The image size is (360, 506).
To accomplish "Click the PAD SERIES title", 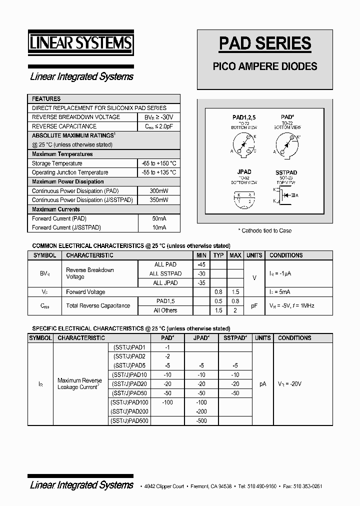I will (265, 43).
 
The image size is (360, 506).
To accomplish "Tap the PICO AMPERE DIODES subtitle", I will (265, 66).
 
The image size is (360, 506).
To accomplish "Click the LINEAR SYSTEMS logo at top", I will (80, 43).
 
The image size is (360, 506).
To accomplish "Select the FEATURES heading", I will (46, 99).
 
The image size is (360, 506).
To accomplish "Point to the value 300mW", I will (159, 191).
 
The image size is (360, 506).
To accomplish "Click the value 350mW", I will (159, 200).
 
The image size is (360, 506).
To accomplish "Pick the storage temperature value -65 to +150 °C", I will (159, 163).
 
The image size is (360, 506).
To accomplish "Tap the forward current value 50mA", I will (159, 218).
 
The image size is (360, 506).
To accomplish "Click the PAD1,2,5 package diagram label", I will (244, 117).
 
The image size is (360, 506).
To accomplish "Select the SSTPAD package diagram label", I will (286, 172).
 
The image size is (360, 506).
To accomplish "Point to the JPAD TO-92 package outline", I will (244, 198).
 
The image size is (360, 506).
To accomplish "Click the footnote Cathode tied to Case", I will (264, 230).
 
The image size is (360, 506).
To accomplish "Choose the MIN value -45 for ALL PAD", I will (201, 264).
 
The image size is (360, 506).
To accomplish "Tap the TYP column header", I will (218, 255).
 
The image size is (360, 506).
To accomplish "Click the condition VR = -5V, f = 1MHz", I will (292, 305).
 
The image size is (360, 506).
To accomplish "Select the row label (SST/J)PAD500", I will (129, 420).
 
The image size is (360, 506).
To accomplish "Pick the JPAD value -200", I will (201, 411).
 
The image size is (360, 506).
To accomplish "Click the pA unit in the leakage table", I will (262, 384).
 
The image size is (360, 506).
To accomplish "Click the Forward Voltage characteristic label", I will (85, 292).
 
